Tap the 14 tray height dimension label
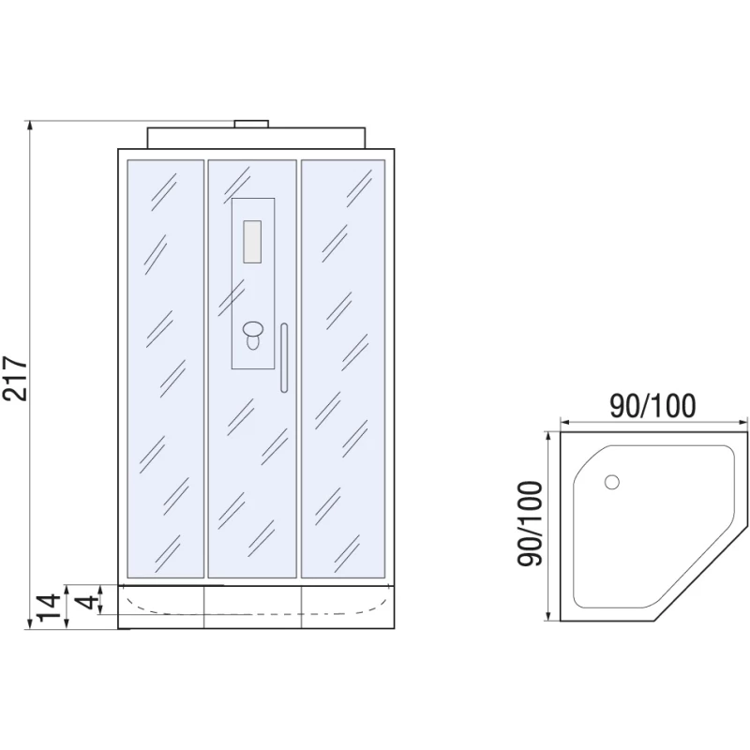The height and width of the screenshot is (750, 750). (50, 607)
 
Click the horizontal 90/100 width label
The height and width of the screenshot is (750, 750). (652, 406)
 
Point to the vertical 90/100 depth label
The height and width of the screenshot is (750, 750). (530, 524)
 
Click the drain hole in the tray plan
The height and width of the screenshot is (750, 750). (612, 482)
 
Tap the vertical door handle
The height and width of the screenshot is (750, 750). (284, 358)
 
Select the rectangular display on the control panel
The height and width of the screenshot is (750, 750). (252, 242)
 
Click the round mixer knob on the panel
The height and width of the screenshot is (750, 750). (252, 329)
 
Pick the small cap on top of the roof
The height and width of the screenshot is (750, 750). (251, 124)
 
